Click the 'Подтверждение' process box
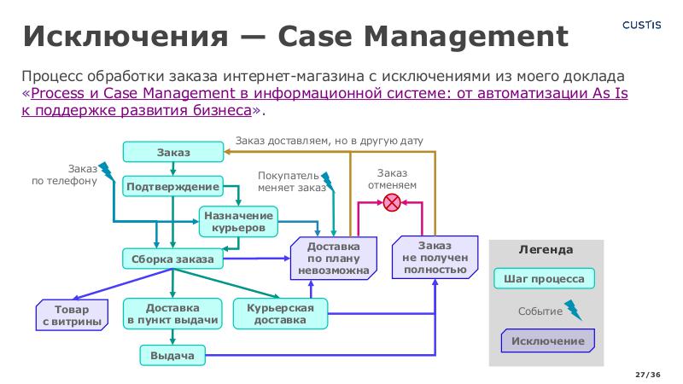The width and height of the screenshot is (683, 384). click(173, 187)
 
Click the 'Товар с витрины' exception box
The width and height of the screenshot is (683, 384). click(72, 315)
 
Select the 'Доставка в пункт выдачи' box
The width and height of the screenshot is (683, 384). click(172, 315)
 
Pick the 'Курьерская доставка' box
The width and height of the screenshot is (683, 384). click(281, 314)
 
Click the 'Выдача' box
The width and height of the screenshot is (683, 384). click(172, 356)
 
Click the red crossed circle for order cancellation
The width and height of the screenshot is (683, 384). click(392, 203)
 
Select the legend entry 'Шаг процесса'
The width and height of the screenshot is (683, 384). click(544, 279)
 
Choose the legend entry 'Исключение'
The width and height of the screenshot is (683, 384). click(547, 341)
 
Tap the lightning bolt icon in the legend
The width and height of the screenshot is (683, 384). click(573, 311)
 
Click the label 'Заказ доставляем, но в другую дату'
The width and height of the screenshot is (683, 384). click(329, 140)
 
